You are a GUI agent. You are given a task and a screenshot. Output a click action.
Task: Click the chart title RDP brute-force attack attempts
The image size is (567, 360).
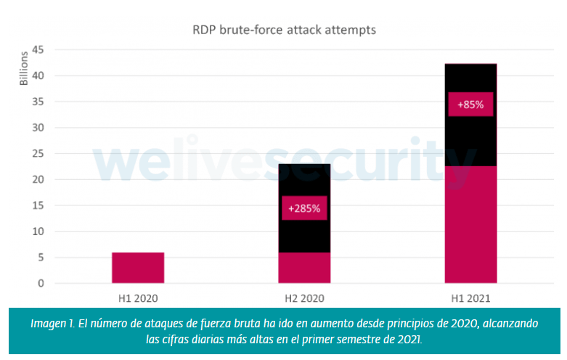click(283, 30)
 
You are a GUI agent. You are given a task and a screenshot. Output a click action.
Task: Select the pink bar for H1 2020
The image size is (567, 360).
click(138, 268)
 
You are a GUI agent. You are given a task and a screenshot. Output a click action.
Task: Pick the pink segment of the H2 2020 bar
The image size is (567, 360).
click(304, 268)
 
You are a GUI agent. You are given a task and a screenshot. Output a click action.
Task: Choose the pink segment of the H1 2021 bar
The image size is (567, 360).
click(470, 225)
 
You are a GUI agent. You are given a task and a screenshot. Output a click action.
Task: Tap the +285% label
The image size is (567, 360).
click(304, 209)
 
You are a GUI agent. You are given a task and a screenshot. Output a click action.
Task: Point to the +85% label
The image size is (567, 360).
click(470, 105)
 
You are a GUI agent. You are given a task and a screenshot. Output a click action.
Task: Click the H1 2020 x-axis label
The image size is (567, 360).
click(138, 298)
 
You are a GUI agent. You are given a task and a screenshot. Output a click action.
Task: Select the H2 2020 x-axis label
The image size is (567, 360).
click(304, 298)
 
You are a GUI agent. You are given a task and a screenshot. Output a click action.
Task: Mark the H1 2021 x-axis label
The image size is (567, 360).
click(470, 298)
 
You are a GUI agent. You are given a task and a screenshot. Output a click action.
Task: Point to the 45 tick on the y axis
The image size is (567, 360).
click(39, 50)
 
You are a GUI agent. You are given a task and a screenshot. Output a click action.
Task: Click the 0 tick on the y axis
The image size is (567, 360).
click(42, 283)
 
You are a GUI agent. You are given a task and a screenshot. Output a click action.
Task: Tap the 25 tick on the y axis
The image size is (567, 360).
click(39, 154)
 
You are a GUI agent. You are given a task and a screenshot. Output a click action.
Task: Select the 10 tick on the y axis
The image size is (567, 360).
click(39, 232)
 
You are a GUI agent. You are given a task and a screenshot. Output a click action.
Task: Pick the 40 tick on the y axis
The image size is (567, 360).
click(39, 76)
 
